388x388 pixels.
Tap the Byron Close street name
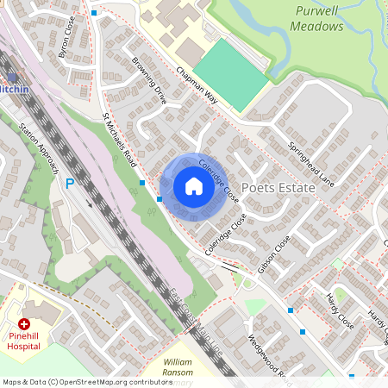click(66, 40)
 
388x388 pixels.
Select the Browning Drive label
click(148, 80)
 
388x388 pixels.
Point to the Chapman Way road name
click(197, 86)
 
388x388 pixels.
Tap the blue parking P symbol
click(70, 184)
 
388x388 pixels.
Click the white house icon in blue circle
click(194, 185)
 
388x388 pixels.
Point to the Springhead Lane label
click(311, 165)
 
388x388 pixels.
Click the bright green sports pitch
click(231, 73)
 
